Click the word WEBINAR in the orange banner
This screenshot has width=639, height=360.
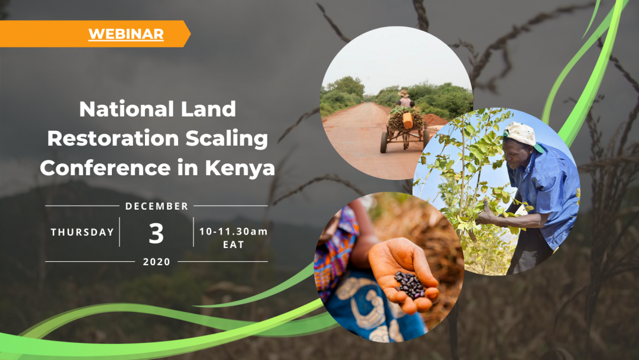pos(126,34)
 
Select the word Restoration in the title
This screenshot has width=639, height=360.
pos(113,138)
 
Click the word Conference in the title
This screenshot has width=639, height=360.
pos(105,168)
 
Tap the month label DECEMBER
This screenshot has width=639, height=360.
pos(157,206)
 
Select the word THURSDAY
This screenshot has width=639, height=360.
pos(82,232)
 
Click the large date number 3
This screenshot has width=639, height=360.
pos(156,234)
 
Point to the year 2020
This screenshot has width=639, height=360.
pos(156,262)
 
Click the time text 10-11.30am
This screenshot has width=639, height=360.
pos(234,232)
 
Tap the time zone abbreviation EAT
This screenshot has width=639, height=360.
pos(234,245)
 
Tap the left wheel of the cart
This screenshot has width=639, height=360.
pos(384,142)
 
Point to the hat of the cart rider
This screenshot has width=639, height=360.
pos(404,94)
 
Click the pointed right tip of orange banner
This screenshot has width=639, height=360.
pos(191,34)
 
